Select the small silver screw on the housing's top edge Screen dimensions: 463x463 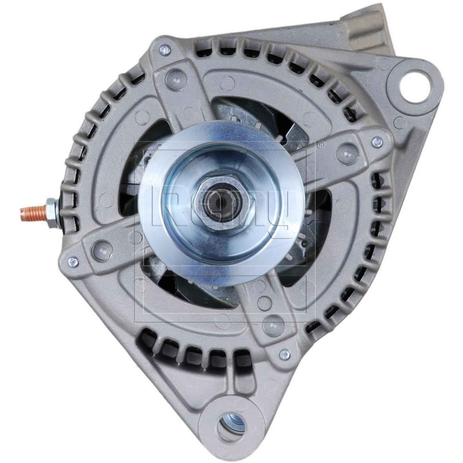pos(165,48)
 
